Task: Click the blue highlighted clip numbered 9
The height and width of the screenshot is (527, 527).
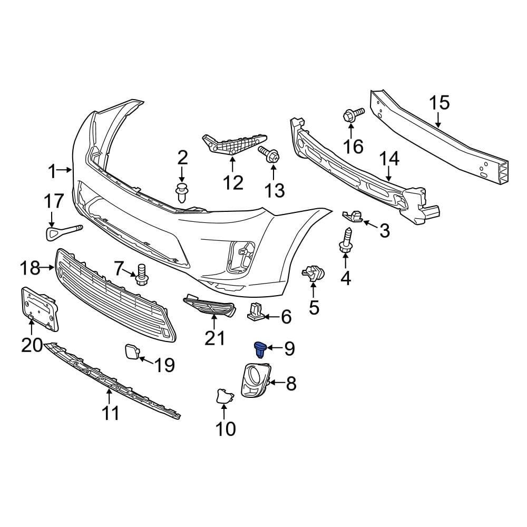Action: tap(260, 349)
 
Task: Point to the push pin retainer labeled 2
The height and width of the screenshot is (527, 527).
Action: tap(182, 192)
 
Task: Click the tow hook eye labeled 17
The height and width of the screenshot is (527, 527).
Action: tap(63, 231)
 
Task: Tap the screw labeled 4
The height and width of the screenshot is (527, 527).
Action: tap(347, 239)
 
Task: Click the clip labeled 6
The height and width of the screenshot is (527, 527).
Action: tap(255, 312)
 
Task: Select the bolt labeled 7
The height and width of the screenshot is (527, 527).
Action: tap(141, 274)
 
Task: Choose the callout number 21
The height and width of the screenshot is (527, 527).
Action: tap(214, 338)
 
